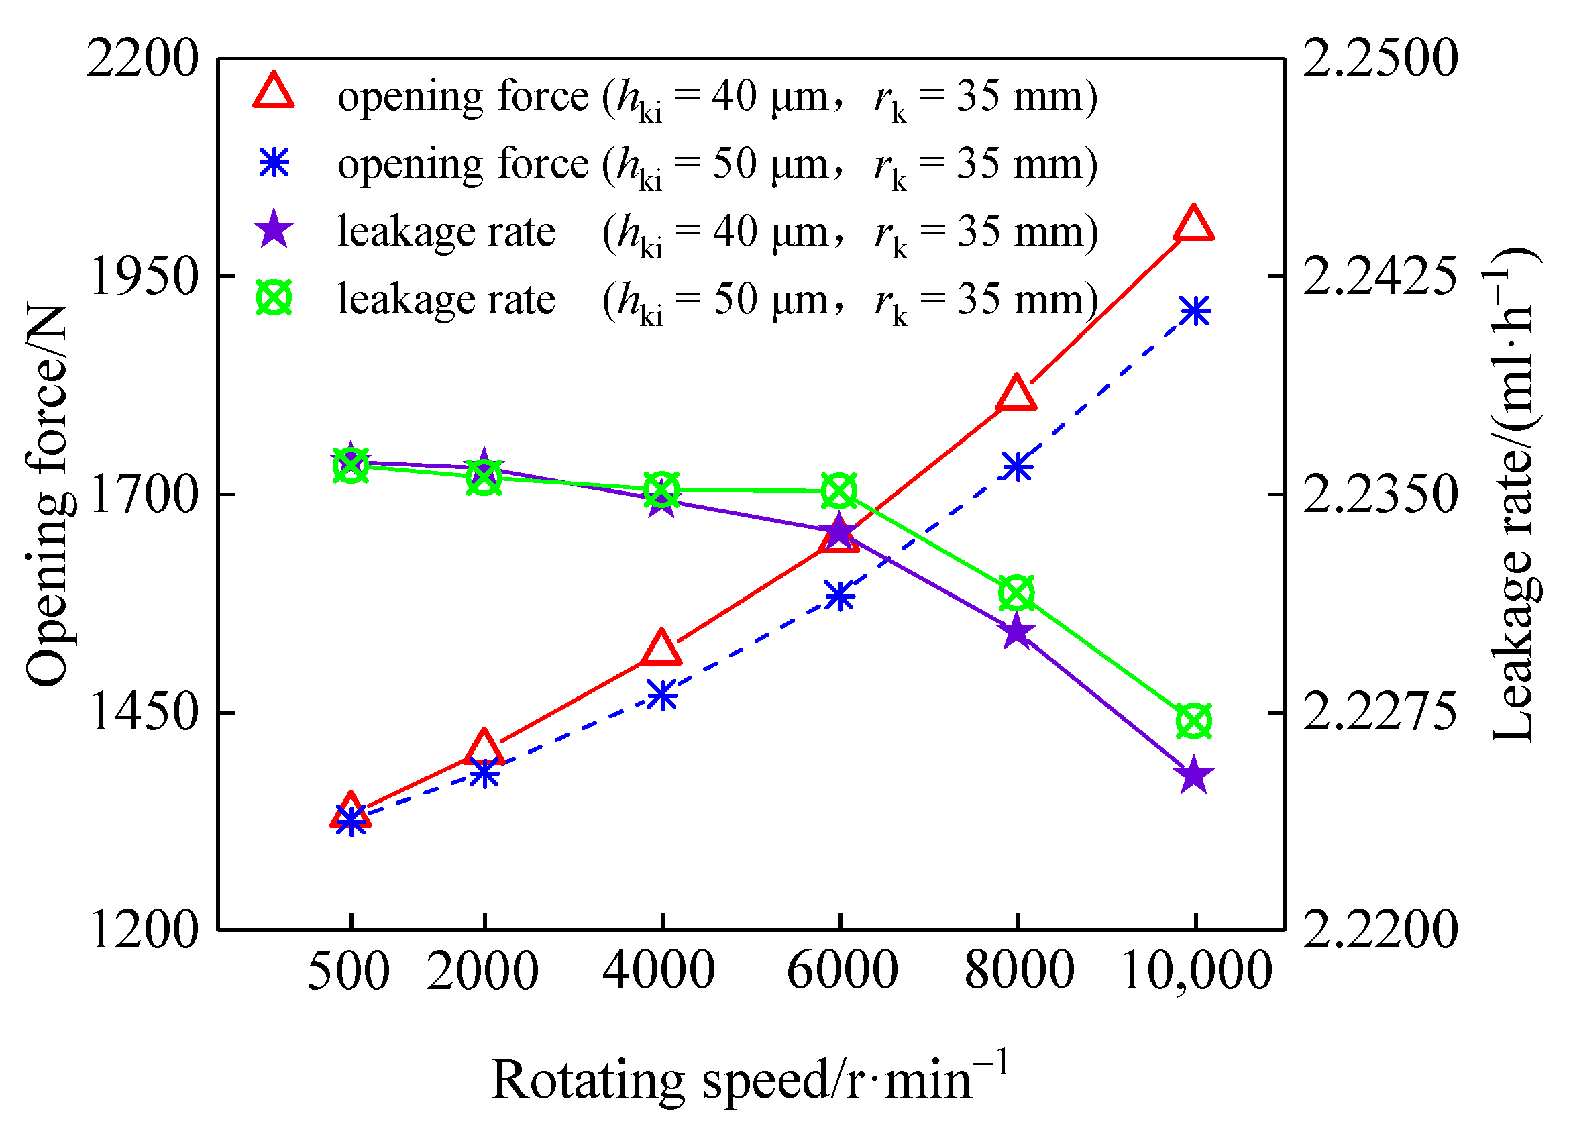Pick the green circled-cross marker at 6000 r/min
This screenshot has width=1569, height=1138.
pyautogui.click(x=840, y=491)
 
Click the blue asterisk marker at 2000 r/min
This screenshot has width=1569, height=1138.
pyautogui.click(x=484, y=773)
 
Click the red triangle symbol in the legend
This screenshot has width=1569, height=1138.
pyautogui.click(x=274, y=92)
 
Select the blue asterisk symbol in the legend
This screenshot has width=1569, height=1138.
pyautogui.click(x=274, y=163)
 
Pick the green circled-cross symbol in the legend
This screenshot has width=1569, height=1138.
pyautogui.click(x=274, y=298)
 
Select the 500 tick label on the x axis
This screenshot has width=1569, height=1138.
pyautogui.click(x=349, y=972)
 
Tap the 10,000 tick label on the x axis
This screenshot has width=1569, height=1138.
pyautogui.click(x=1196, y=972)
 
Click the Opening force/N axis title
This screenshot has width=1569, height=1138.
pyautogui.click(x=47, y=495)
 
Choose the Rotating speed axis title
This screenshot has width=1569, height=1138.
pyautogui.click(x=751, y=1078)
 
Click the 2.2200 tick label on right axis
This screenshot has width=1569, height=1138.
pyautogui.click(x=1380, y=929)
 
